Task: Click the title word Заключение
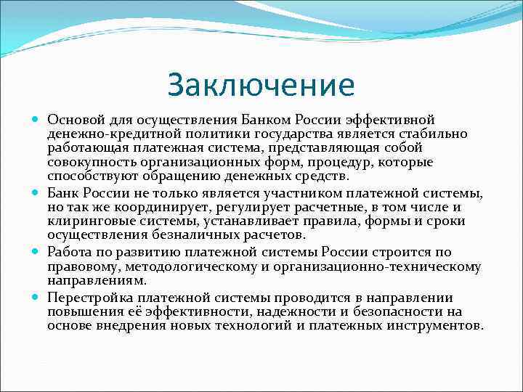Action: coord(261,85)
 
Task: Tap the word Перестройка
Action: coord(90,298)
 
